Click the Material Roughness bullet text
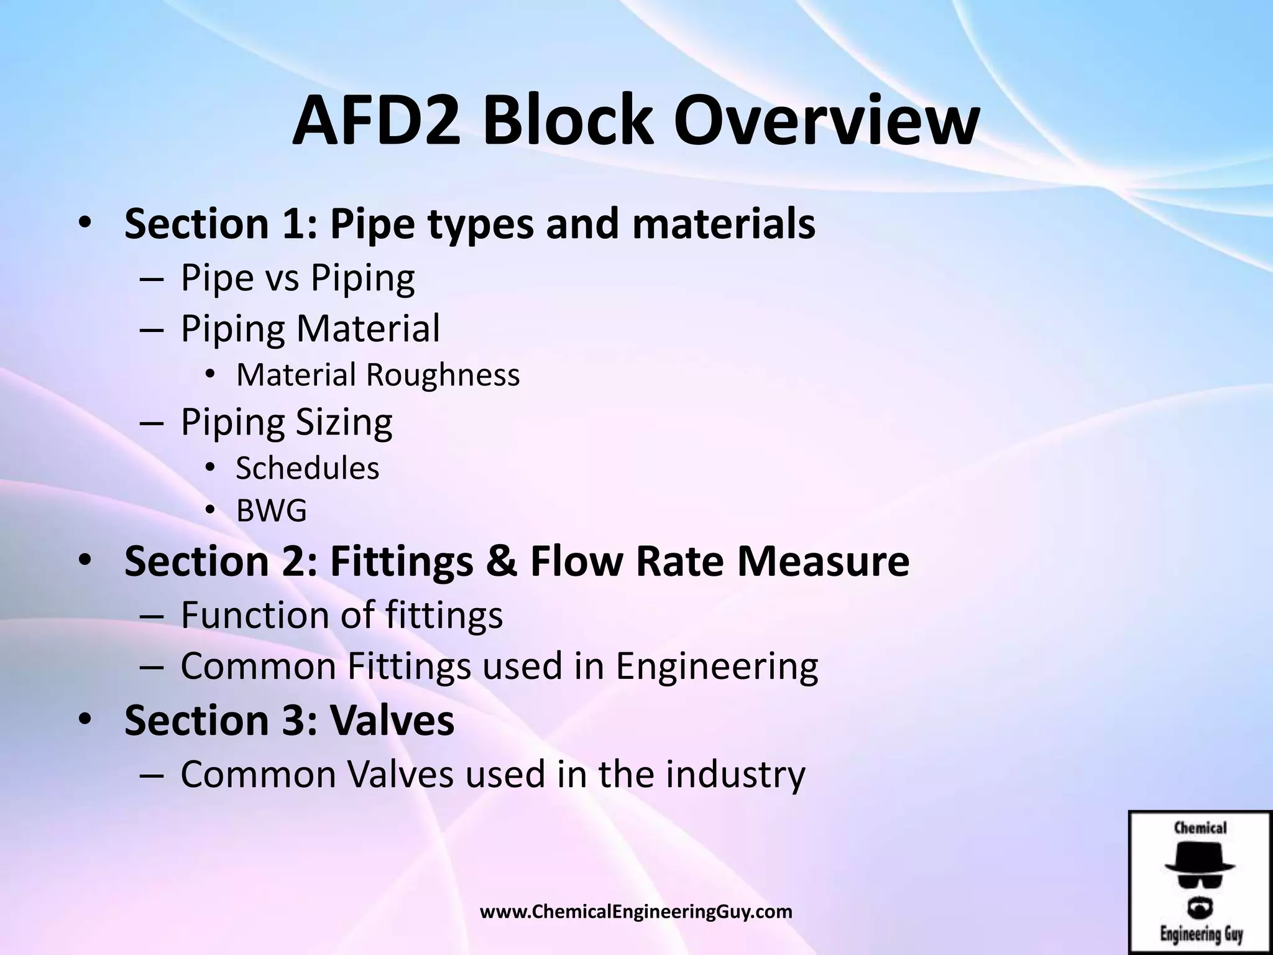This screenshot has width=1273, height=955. point(378,375)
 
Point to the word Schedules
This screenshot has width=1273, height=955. point(308,468)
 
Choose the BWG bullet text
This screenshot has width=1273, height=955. point(272,511)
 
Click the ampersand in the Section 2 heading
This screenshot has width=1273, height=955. point(502,561)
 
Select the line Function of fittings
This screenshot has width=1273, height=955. point(341,615)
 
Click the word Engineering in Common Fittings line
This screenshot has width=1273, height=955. point(717,666)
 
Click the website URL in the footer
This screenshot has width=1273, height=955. point(636,912)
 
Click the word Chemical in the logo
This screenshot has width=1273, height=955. point(1200,828)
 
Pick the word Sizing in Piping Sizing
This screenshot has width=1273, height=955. point(344,422)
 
